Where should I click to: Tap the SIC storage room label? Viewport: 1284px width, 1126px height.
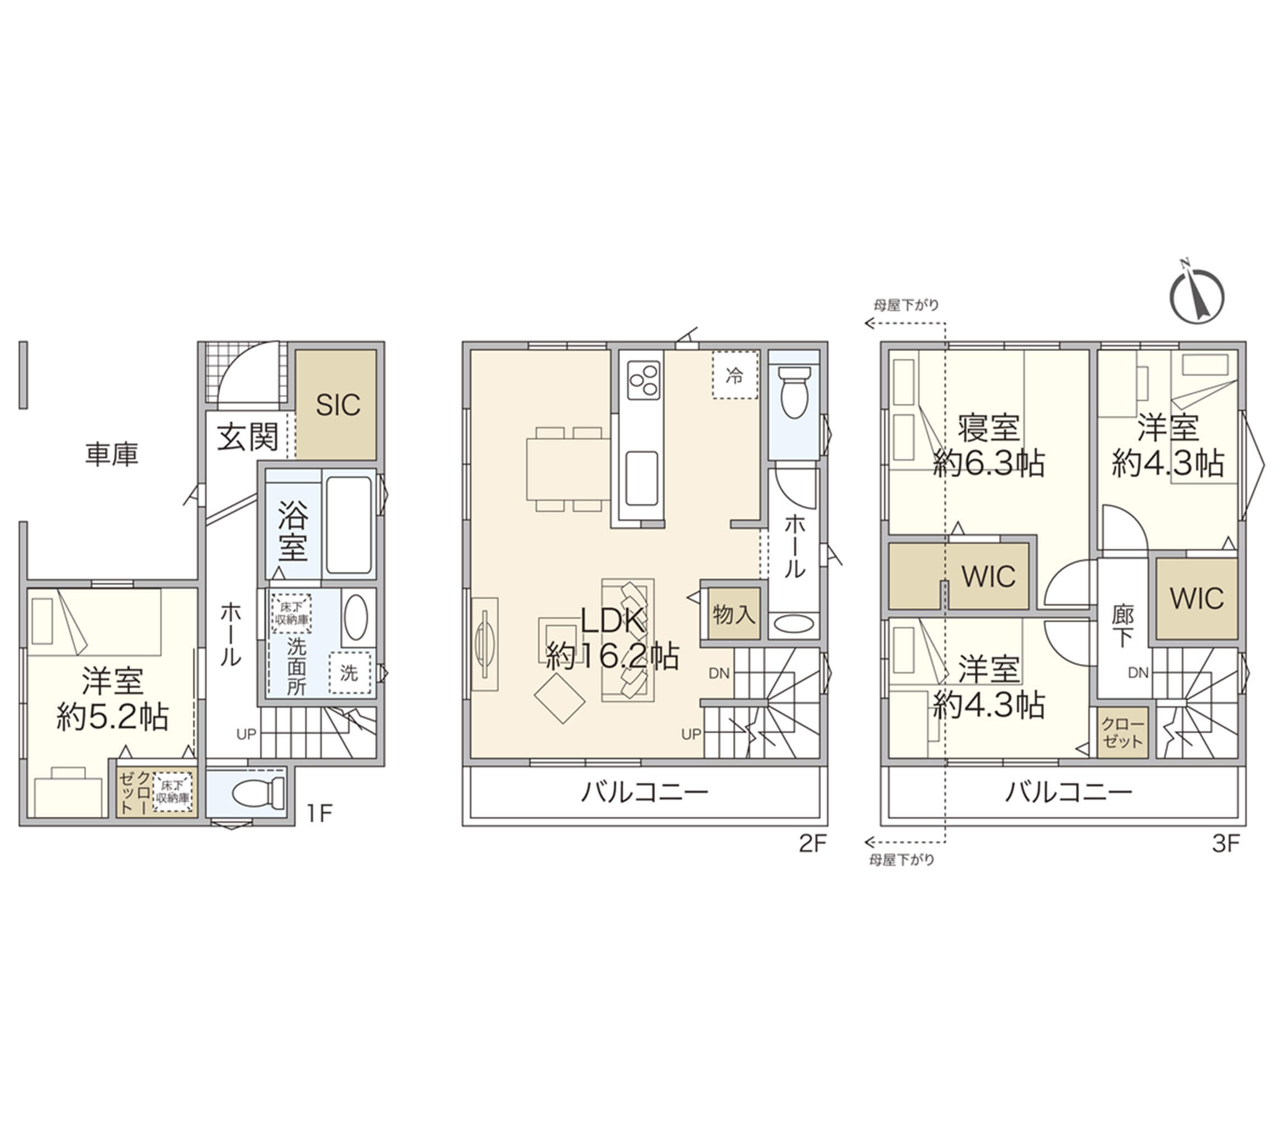pos(337,405)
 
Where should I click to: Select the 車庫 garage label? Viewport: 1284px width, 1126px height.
pos(112,454)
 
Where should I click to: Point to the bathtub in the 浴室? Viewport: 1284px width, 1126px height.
pos(349,525)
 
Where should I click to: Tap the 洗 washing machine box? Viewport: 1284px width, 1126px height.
pos(349,673)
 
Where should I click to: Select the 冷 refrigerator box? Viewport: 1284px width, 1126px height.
pos(735,375)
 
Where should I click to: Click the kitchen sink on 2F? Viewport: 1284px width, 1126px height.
pos(642,479)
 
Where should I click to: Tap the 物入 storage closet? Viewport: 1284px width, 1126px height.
pos(733,614)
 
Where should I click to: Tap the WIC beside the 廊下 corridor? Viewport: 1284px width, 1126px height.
pos(1197,598)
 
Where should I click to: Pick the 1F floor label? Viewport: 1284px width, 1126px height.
pos(319,813)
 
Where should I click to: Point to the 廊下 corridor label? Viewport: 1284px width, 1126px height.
pos(1123,626)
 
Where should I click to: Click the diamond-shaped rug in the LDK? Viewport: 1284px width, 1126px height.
pos(560,698)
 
